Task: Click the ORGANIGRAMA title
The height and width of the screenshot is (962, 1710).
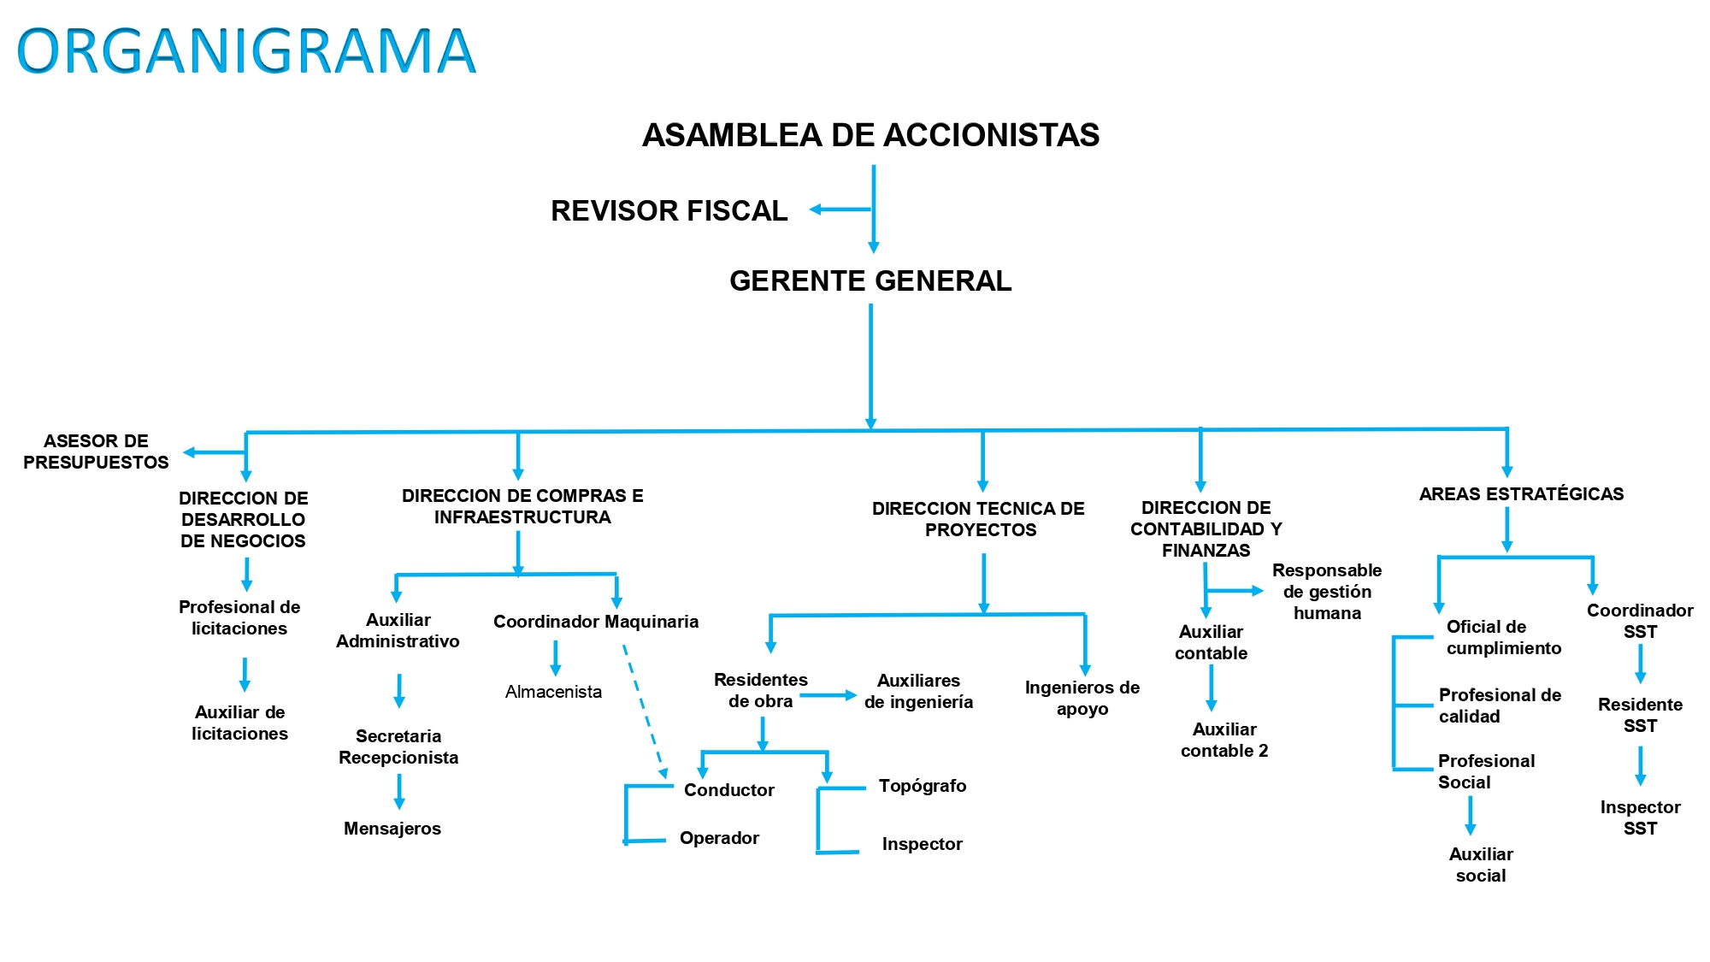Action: (x=246, y=51)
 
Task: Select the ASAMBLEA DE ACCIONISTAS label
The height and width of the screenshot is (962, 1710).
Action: (x=870, y=135)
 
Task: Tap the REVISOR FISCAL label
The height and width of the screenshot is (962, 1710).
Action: (x=669, y=211)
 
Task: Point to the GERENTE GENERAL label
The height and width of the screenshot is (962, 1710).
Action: (x=870, y=281)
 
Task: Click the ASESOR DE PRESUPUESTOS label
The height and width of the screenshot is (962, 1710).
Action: (x=96, y=451)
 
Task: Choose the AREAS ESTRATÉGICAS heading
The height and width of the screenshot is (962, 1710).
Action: (x=1521, y=494)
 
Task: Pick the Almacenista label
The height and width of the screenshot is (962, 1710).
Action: (x=553, y=692)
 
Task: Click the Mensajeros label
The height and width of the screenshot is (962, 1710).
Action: (x=392, y=829)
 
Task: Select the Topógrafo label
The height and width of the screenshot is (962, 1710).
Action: (x=923, y=786)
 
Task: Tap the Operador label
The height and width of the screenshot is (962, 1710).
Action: (x=719, y=838)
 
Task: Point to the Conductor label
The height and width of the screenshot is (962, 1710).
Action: (x=728, y=790)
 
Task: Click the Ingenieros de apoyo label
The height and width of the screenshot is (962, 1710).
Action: (x=1082, y=698)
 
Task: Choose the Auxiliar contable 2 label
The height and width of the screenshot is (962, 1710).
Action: (x=1224, y=740)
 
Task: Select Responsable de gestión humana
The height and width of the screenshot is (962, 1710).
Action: (x=1327, y=592)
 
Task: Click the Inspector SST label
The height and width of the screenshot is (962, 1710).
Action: (x=1640, y=817)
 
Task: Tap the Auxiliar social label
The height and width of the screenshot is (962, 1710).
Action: (x=1481, y=865)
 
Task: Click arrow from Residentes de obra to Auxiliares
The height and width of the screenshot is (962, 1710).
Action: (x=828, y=696)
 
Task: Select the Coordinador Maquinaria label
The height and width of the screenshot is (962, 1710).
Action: (x=596, y=622)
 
